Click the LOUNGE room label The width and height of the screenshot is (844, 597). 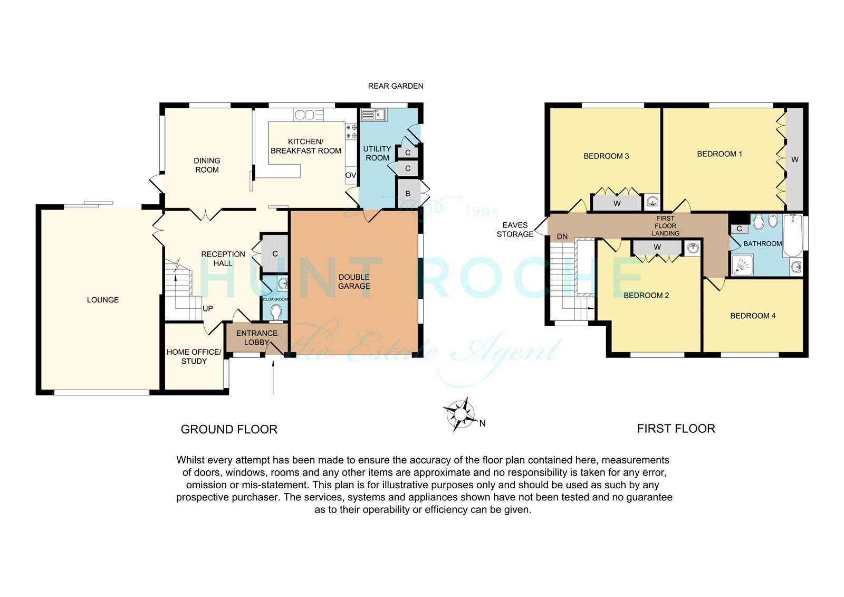(x=103, y=300)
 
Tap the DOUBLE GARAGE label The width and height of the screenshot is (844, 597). (x=354, y=281)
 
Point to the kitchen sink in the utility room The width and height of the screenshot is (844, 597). (x=373, y=115)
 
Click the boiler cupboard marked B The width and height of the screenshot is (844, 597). (x=408, y=193)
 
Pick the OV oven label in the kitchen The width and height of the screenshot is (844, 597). (x=351, y=175)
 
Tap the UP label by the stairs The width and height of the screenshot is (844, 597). (x=208, y=308)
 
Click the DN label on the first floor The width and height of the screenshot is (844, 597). (x=562, y=236)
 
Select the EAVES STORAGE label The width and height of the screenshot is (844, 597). (x=515, y=230)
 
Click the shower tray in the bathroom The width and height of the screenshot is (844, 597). (x=744, y=264)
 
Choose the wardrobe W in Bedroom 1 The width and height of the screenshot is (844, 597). (x=794, y=159)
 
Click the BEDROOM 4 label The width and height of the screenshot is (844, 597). (x=753, y=316)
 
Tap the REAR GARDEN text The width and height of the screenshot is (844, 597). (x=396, y=86)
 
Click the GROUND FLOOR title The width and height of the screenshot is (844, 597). (x=229, y=430)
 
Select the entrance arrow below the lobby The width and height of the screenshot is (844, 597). (x=273, y=377)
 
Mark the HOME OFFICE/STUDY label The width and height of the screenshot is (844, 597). (x=194, y=356)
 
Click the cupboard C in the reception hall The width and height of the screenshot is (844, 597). (x=275, y=254)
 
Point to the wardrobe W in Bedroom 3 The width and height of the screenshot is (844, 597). (x=617, y=203)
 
